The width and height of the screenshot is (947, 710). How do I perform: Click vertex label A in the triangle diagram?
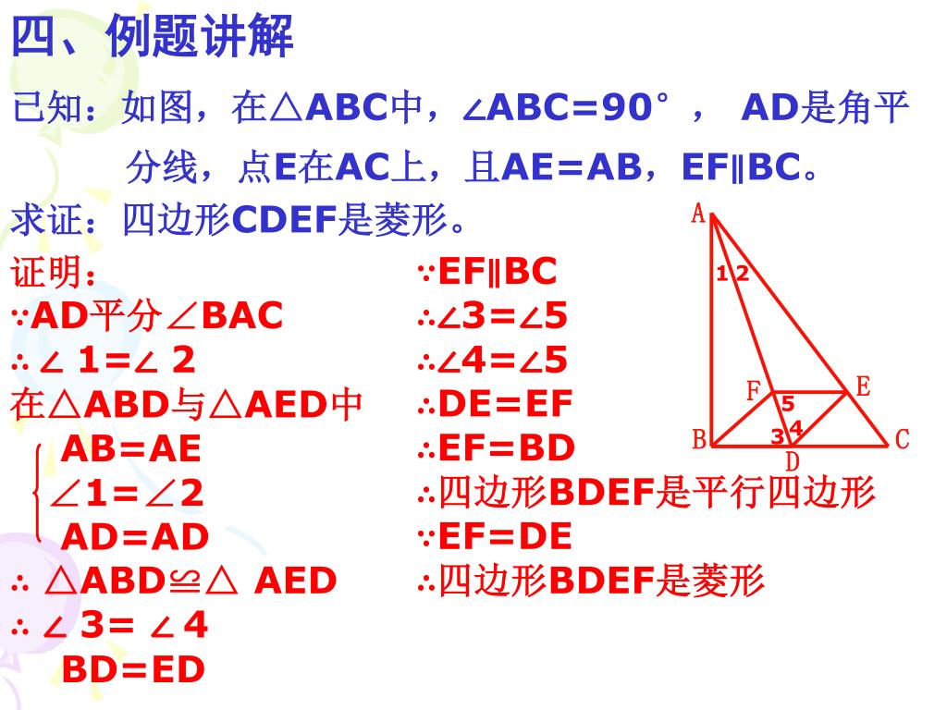[x=699, y=215]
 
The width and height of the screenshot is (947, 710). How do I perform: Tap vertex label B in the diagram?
[x=700, y=439]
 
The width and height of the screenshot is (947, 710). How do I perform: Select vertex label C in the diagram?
[x=904, y=440]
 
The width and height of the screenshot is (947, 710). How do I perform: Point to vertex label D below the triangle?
[x=793, y=461]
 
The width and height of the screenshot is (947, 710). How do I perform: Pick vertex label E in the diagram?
[x=863, y=386]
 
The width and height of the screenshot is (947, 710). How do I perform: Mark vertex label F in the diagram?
[x=754, y=391]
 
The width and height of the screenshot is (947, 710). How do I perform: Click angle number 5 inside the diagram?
[x=788, y=404]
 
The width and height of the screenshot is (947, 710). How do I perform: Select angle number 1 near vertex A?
[x=721, y=273]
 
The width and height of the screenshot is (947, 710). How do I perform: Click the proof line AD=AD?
[x=135, y=536]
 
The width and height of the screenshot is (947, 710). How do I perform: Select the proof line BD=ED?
[x=133, y=670]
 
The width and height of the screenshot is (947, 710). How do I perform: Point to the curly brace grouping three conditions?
[x=37, y=493]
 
